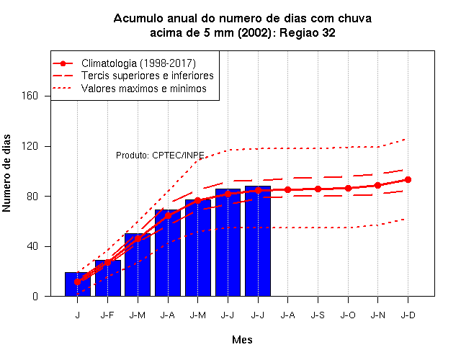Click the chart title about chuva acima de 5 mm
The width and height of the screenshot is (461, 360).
tap(243, 26)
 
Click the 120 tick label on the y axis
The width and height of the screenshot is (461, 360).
tap(30, 146)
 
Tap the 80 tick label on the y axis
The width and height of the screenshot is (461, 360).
tap(32, 197)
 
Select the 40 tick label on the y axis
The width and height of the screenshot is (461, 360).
tap(32, 246)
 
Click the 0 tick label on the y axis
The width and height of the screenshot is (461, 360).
tap(35, 296)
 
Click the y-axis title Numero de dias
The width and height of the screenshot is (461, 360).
tap(6, 173)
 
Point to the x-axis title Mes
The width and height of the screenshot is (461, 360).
tap(242, 340)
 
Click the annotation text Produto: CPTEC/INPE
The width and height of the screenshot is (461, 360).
tap(160, 156)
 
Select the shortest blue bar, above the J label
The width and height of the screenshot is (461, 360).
tap(78, 284)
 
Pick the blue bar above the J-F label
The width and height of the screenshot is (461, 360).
tap(107, 278)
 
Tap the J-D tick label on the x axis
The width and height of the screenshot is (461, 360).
tap(408, 315)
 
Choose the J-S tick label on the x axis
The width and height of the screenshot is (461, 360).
tap(318, 315)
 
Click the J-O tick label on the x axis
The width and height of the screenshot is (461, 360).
tap(348, 315)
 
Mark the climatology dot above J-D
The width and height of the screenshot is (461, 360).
tap(408, 179)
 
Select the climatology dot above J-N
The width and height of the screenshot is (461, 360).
tap(377, 186)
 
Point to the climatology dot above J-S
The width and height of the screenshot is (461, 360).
tap(318, 189)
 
